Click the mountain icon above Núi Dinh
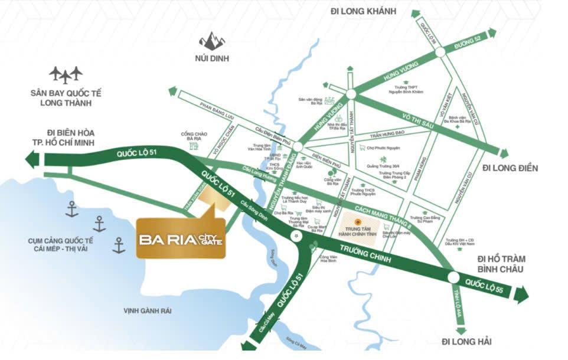211,41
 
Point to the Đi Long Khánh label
364,11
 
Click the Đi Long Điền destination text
510,168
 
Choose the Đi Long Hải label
466,342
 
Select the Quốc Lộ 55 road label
482,285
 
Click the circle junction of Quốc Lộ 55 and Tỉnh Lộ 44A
453,277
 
